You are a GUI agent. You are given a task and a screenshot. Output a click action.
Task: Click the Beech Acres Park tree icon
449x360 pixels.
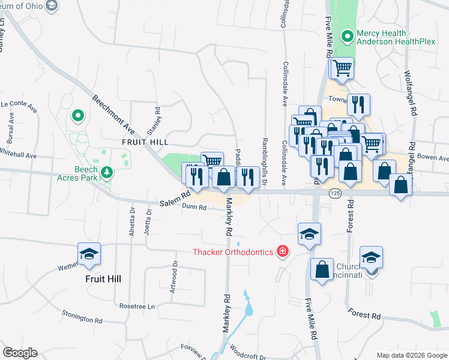(x=107, y=173)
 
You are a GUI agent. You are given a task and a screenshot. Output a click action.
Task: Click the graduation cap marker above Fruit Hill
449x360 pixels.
(x=89, y=254)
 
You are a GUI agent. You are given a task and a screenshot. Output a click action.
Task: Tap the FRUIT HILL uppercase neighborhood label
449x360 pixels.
(x=145, y=142)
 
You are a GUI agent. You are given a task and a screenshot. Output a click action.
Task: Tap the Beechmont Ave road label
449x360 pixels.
(x=112, y=114)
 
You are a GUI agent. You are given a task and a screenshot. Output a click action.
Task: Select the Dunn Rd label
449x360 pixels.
(x=194, y=208)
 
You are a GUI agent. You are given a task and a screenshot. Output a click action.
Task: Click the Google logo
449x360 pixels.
(x=20, y=353)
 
